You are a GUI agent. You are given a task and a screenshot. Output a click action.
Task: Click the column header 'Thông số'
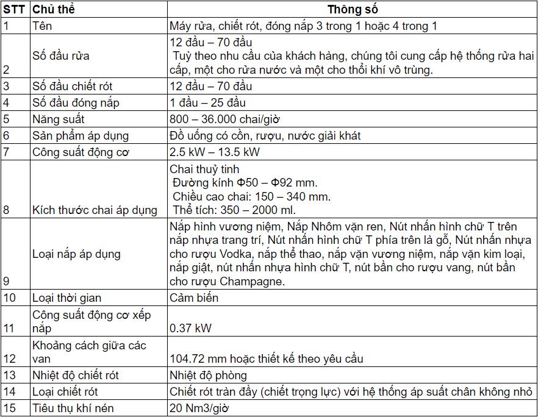[352, 10]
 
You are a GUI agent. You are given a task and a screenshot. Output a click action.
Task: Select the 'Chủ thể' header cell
[53, 10]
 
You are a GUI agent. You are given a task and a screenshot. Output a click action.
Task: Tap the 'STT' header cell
[14, 10]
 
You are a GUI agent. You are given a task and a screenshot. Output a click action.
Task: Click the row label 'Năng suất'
[58, 119]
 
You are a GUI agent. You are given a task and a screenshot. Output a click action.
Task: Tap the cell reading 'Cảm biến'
[194, 298]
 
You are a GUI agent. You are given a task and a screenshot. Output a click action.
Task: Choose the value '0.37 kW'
[191, 328]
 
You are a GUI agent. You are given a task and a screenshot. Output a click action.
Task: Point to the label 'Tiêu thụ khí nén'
[73, 408]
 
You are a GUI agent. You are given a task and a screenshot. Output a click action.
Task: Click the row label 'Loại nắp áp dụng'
[76, 254]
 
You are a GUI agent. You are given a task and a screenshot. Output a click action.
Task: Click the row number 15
[9, 408]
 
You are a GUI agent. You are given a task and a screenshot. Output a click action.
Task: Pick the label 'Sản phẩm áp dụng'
[81, 136]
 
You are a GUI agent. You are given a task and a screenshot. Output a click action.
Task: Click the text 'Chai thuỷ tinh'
[204, 169]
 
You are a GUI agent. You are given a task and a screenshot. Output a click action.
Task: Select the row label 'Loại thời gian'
[66, 298]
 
